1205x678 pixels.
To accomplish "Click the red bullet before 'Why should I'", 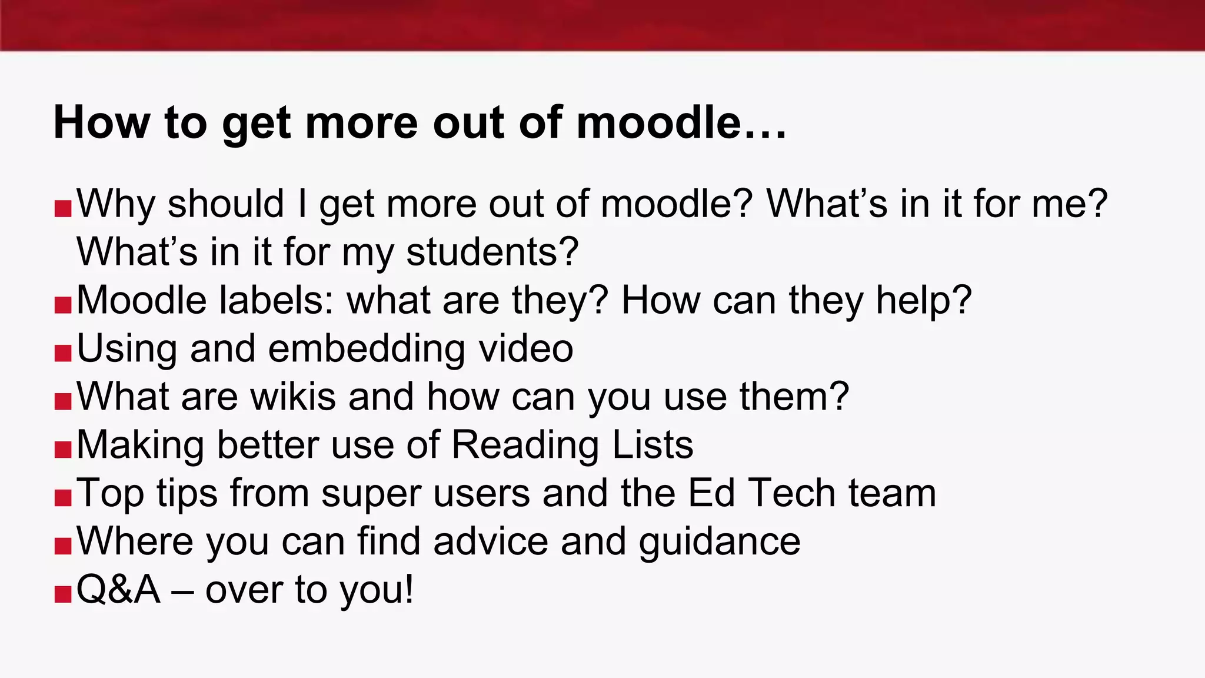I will tap(63, 208).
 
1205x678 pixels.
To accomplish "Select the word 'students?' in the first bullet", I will tap(492, 252).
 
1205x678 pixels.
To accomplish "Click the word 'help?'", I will tap(923, 300).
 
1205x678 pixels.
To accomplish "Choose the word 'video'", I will tap(525, 348).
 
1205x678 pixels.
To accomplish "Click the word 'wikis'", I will tap(293, 397).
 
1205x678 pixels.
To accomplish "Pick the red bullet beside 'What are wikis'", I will tap(63, 401).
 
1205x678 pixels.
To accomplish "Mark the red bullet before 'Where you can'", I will tap(63, 546).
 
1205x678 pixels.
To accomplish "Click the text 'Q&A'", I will tap(118, 590).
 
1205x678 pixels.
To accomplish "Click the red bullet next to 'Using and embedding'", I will tap(63, 353).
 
